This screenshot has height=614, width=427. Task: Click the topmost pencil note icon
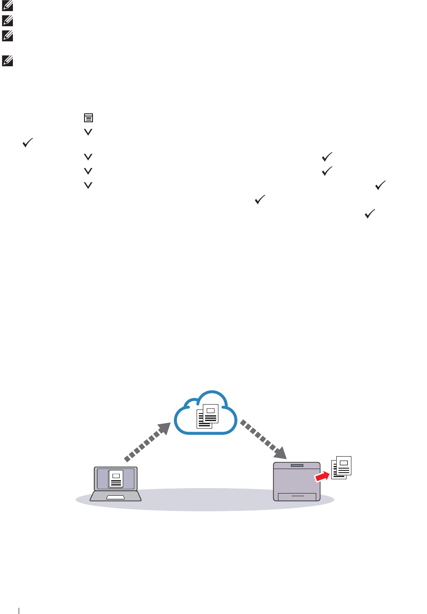8,6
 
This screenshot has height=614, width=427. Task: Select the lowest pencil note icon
8,60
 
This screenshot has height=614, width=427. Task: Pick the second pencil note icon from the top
8,20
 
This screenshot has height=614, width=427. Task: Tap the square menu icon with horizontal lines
89,118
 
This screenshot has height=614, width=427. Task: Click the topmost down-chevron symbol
88,132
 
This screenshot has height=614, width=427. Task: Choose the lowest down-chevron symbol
88,185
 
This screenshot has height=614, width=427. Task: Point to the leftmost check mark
28,143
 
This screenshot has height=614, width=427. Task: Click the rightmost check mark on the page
380,185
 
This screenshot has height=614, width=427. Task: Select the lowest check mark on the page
370,214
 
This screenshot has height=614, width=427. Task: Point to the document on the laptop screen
116,479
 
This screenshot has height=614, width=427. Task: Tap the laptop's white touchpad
116,497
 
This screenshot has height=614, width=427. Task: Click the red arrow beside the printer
322,476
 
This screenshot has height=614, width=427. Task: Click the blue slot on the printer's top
297,466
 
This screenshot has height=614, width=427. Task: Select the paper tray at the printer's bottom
297,497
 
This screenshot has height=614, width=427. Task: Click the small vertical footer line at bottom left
19,610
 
